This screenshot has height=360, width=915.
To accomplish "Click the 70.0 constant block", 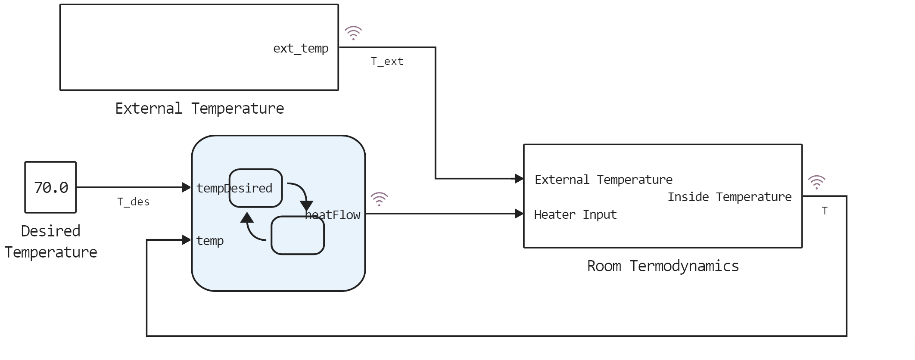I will pos(50,187).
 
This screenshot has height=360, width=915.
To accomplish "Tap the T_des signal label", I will pos(133,202).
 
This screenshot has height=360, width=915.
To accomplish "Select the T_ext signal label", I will pos(387,62).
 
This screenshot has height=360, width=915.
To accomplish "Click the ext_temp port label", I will pos(301,48).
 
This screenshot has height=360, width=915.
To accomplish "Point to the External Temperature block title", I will pos(199,109).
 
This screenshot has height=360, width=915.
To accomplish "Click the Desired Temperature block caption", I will pos(51,242).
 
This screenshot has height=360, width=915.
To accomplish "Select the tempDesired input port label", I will pos(234,188).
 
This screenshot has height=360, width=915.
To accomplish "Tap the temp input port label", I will pos(210,241).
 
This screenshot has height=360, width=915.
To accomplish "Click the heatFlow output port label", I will pos(333,215).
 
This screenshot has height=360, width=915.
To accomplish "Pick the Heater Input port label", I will pos(575,214).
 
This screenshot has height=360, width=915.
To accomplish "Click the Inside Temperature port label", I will pos(729,197).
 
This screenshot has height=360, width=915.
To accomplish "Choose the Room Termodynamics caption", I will pos(663,266).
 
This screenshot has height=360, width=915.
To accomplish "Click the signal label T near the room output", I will pos(824,211).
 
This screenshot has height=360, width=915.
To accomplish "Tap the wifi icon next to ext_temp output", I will pos(353,33).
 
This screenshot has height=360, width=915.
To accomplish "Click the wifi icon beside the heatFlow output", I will pos(379,199).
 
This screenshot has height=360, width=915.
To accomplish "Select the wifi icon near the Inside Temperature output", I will pos(816,182).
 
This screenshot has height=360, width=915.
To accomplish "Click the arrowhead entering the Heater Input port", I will pos(519,214).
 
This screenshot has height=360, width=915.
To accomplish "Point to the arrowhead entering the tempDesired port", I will pos(187,187).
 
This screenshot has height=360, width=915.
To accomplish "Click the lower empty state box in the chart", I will pos(297,236).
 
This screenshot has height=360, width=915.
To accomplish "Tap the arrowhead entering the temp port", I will pos(187,240).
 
